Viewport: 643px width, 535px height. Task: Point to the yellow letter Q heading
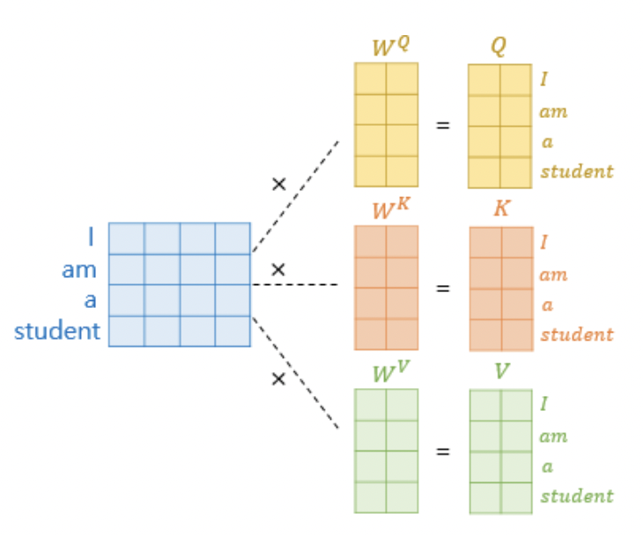point(499,47)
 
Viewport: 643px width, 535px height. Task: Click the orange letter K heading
point(500,211)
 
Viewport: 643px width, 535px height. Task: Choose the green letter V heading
point(500,371)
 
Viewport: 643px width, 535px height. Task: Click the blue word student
point(56,332)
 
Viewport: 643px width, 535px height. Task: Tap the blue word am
point(78,269)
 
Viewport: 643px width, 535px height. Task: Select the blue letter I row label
point(90,238)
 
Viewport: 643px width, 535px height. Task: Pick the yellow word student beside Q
point(576,171)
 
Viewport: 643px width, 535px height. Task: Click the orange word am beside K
point(553,275)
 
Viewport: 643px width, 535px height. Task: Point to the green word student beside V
point(576,495)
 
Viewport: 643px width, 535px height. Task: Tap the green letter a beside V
point(547,466)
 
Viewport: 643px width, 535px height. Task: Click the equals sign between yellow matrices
point(442,125)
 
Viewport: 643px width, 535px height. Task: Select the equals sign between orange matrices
point(442,288)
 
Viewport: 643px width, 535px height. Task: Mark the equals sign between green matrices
point(442,451)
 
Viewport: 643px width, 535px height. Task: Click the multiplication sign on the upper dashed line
point(278,184)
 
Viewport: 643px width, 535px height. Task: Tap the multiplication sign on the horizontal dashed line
point(278,269)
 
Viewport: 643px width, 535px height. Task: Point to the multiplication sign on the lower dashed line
point(278,379)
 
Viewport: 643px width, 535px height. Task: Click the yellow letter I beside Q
point(544,80)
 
